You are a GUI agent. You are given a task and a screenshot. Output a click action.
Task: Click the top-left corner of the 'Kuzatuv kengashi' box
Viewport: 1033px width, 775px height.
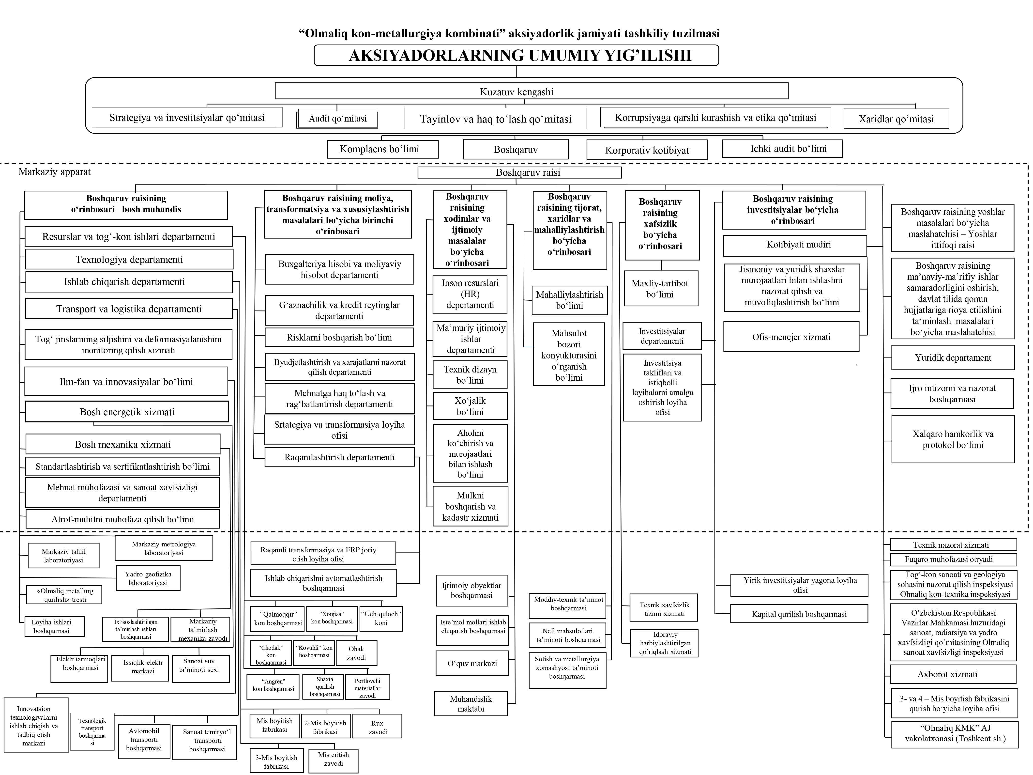coord(275,83)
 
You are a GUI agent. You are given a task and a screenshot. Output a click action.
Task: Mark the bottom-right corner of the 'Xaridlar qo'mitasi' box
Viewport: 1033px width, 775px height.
coord(948,128)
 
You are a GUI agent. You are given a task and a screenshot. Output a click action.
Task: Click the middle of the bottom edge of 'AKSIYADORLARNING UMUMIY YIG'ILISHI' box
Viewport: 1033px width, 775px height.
coord(516,65)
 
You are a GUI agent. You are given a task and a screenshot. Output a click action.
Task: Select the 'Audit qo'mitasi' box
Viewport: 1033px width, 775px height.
coord(337,119)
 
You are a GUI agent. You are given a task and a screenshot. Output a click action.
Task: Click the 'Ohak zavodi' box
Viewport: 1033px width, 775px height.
coord(356,653)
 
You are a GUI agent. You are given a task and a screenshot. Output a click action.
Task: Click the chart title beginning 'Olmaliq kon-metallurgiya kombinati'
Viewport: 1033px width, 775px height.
coord(509,33)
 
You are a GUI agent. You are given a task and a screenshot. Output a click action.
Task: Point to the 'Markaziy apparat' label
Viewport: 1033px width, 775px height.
coord(55,172)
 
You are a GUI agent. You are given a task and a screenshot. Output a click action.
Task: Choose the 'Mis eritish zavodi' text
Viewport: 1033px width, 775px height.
coord(334,759)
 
